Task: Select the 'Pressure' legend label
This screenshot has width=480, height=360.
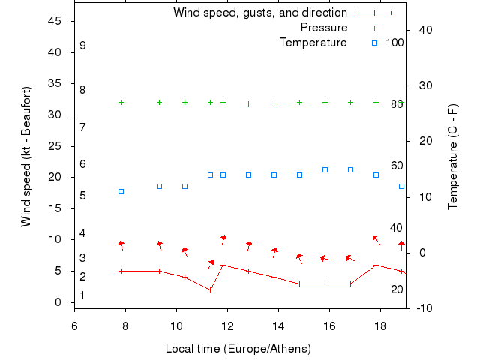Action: pyautogui.click(x=324, y=28)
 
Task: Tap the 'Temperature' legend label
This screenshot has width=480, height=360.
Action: pyautogui.click(x=313, y=43)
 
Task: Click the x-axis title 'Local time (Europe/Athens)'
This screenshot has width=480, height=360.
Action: pyautogui.click(x=238, y=349)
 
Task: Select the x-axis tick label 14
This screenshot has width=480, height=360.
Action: pyautogui.click(x=278, y=326)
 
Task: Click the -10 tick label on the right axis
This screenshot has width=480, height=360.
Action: pyautogui.click(x=421, y=307)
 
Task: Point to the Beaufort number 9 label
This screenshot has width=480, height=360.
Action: pyautogui.click(x=82, y=46)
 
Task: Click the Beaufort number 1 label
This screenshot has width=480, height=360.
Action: pyautogui.click(x=82, y=295)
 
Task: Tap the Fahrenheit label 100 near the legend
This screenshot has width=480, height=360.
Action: pyautogui.click(x=394, y=43)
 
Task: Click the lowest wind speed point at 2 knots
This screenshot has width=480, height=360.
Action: pyautogui.click(x=210, y=289)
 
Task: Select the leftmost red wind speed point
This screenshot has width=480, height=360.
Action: pyautogui.click(x=121, y=271)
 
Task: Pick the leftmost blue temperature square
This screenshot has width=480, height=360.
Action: pyautogui.click(x=121, y=191)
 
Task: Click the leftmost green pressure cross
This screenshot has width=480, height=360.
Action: pyautogui.click(x=121, y=102)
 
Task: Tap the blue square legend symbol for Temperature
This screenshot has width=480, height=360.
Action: pyautogui.click(x=374, y=43)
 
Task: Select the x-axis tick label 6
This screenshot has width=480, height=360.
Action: pyautogui.click(x=74, y=326)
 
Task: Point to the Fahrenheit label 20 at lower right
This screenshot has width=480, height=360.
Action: pyautogui.click(x=397, y=289)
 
